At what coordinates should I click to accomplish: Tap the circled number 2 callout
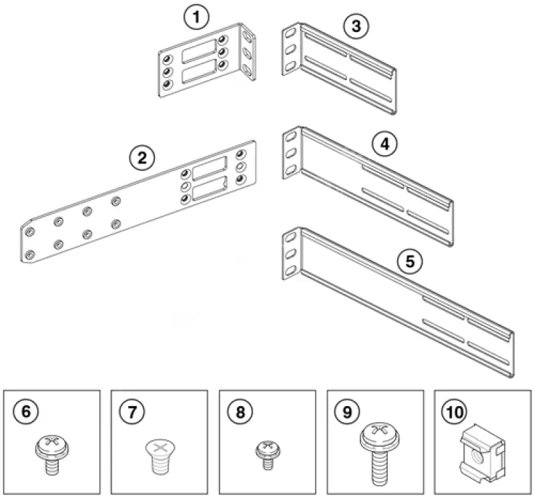(x=142, y=158)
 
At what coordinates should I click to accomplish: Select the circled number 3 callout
(x=356, y=26)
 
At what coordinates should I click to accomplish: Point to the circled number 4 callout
(x=385, y=144)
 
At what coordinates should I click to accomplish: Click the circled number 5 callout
(x=410, y=261)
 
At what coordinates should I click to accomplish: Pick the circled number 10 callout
(x=455, y=411)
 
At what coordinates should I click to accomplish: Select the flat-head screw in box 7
(x=160, y=457)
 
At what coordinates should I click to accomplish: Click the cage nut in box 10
(x=483, y=454)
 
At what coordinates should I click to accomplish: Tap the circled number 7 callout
(x=132, y=411)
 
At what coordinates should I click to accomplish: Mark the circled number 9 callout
(x=347, y=411)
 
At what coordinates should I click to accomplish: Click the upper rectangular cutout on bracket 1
(x=199, y=51)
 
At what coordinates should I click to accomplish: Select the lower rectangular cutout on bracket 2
(x=210, y=188)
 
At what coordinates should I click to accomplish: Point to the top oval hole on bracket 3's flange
(x=290, y=33)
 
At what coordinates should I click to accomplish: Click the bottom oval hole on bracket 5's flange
(x=290, y=271)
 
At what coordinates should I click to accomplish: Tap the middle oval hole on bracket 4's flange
(x=290, y=154)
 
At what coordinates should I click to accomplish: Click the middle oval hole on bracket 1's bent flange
(x=248, y=53)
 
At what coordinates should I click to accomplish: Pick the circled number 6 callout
(x=26, y=411)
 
